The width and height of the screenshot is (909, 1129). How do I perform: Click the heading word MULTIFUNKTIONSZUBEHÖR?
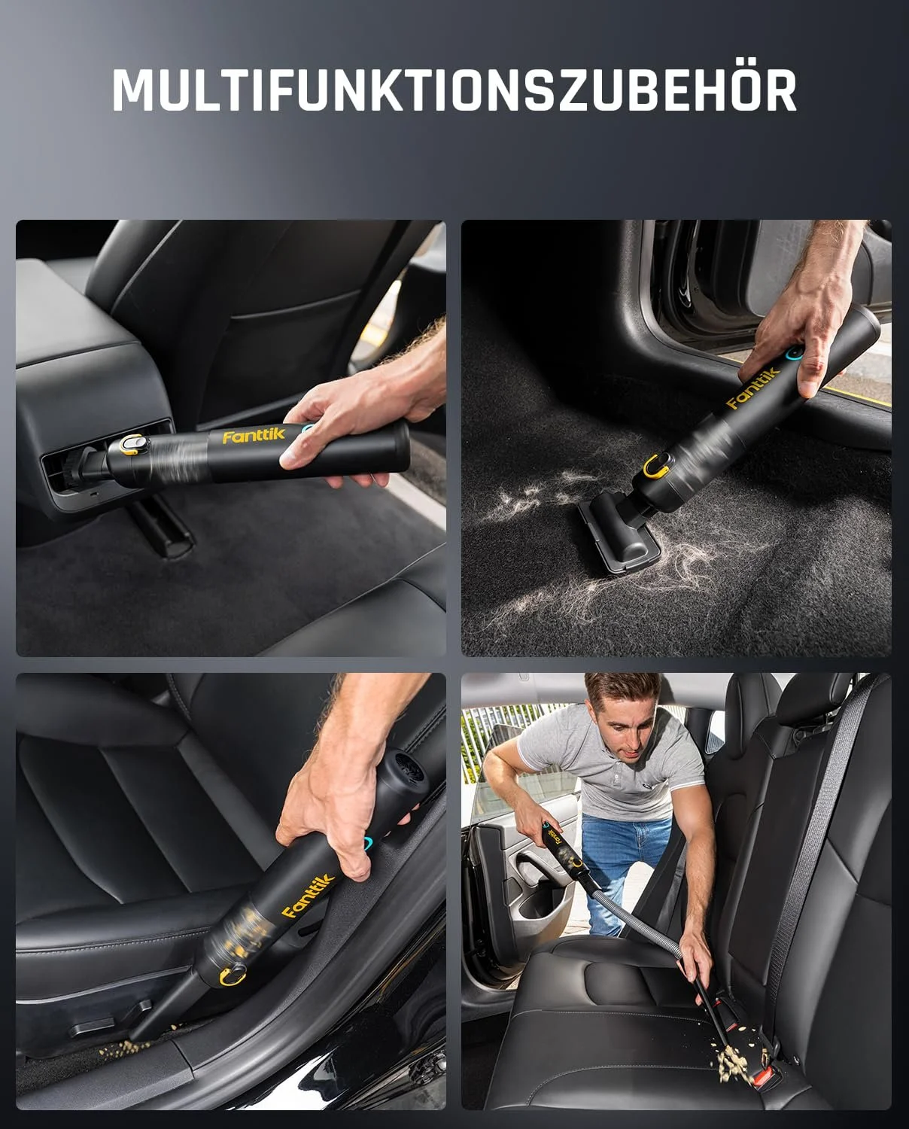[454, 91]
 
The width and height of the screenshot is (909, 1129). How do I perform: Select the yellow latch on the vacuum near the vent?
[131, 447]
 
